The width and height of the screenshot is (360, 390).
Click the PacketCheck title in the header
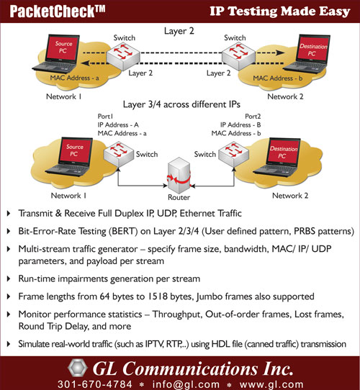point(58,12)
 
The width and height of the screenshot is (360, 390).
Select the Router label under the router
point(179,197)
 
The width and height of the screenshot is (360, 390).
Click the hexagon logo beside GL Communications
point(78,368)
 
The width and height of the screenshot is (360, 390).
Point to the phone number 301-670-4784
point(95,384)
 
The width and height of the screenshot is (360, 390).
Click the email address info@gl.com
point(186,384)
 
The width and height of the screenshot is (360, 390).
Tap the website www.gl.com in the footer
point(271,384)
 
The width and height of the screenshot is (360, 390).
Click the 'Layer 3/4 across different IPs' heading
point(181,104)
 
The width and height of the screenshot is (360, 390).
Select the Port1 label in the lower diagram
point(105,117)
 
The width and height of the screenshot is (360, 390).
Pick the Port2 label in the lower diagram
point(253,117)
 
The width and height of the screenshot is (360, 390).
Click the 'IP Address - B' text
point(240,125)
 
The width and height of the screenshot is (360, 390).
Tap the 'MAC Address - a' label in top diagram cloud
point(74,78)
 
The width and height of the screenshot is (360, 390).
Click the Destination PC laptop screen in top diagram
point(313,49)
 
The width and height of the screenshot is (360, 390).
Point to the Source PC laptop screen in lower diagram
point(75,150)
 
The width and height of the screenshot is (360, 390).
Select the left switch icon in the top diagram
point(123,56)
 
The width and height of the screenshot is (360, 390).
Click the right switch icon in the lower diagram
point(233,153)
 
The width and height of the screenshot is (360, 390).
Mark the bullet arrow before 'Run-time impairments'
point(9,278)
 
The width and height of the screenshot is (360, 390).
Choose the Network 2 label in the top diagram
point(285,96)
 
